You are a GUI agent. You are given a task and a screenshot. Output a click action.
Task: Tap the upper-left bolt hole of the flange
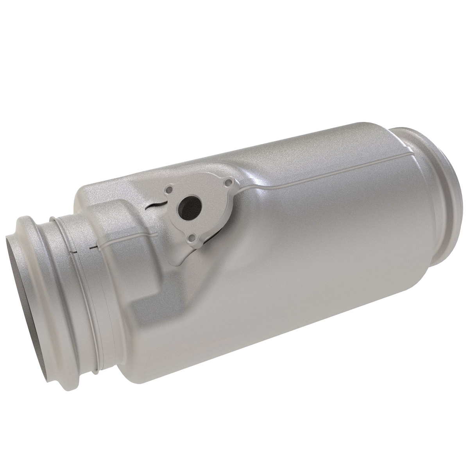pos(169,190)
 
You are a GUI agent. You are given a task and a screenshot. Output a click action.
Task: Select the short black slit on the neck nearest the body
pos(93,247)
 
